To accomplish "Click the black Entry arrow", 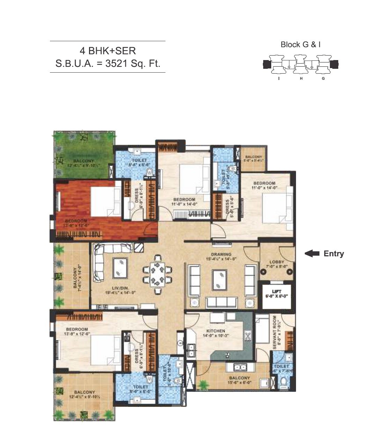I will coord(312,254).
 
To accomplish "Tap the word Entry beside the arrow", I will coord(334,254).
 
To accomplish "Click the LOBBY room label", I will coord(276,262).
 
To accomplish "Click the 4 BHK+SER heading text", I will coord(108,51).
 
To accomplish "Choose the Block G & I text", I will coord(301,45).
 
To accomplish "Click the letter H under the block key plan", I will coord(301,79).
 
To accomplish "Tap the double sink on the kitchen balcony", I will coord(239,367).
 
